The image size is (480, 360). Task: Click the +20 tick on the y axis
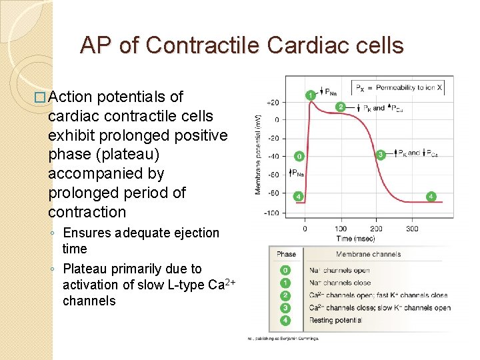(272, 103)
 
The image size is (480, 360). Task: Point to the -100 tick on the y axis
(271, 213)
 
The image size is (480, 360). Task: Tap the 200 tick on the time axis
(376, 229)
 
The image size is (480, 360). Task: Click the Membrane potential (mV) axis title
(258, 153)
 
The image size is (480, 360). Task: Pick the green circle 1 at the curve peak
(311, 95)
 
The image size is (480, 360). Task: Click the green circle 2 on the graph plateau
(340, 107)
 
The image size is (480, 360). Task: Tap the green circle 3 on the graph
(381, 155)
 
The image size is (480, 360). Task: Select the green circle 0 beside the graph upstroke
(299, 157)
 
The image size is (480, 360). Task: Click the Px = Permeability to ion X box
(398, 87)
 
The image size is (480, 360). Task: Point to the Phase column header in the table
(286, 254)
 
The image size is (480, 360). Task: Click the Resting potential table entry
(335, 321)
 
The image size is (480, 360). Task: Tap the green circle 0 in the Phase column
(285, 270)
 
